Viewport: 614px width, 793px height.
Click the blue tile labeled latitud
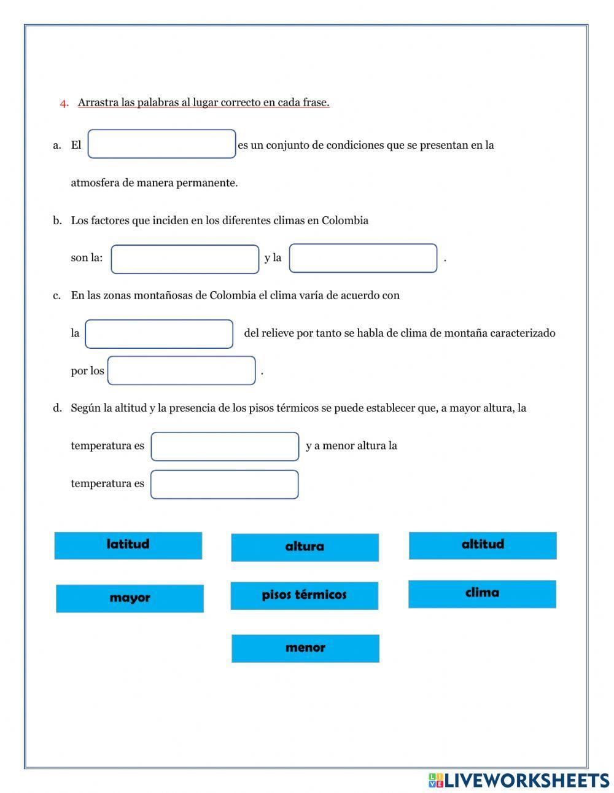pyautogui.click(x=128, y=545)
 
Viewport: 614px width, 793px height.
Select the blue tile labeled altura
pyautogui.click(x=305, y=547)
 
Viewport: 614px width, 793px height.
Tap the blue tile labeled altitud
pyautogui.click(x=483, y=545)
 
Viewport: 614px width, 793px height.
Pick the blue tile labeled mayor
pyautogui.click(x=130, y=598)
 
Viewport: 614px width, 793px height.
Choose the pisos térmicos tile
pyautogui.click(x=304, y=595)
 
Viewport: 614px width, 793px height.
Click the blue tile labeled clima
pyautogui.click(x=482, y=594)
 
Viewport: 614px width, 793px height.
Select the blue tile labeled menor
pyautogui.click(x=305, y=648)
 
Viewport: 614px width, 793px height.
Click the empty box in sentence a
pyautogui.click(x=161, y=144)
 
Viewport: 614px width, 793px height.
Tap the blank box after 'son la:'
pyautogui.click(x=185, y=259)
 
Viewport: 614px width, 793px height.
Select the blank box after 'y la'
pyautogui.click(x=363, y=258)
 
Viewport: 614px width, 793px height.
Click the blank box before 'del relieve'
pyautogui.click(x=159, y=334)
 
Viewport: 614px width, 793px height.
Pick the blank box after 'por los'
pyautogui.click(x=181, y=370)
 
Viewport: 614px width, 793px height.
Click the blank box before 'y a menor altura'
pyautogui.click(x=225, y=447)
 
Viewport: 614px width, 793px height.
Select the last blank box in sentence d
pyautogui.click(x=224, y=484)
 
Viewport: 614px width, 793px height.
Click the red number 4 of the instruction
pyautogui.click(x=64, y=103)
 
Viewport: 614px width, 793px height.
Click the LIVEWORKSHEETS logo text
pyautogui.click(x=526, y=780)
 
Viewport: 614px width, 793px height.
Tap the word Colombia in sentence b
pyautogui.click(x=345, y=221)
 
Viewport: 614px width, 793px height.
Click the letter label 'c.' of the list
pyautogui.click(x=57, y=295)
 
